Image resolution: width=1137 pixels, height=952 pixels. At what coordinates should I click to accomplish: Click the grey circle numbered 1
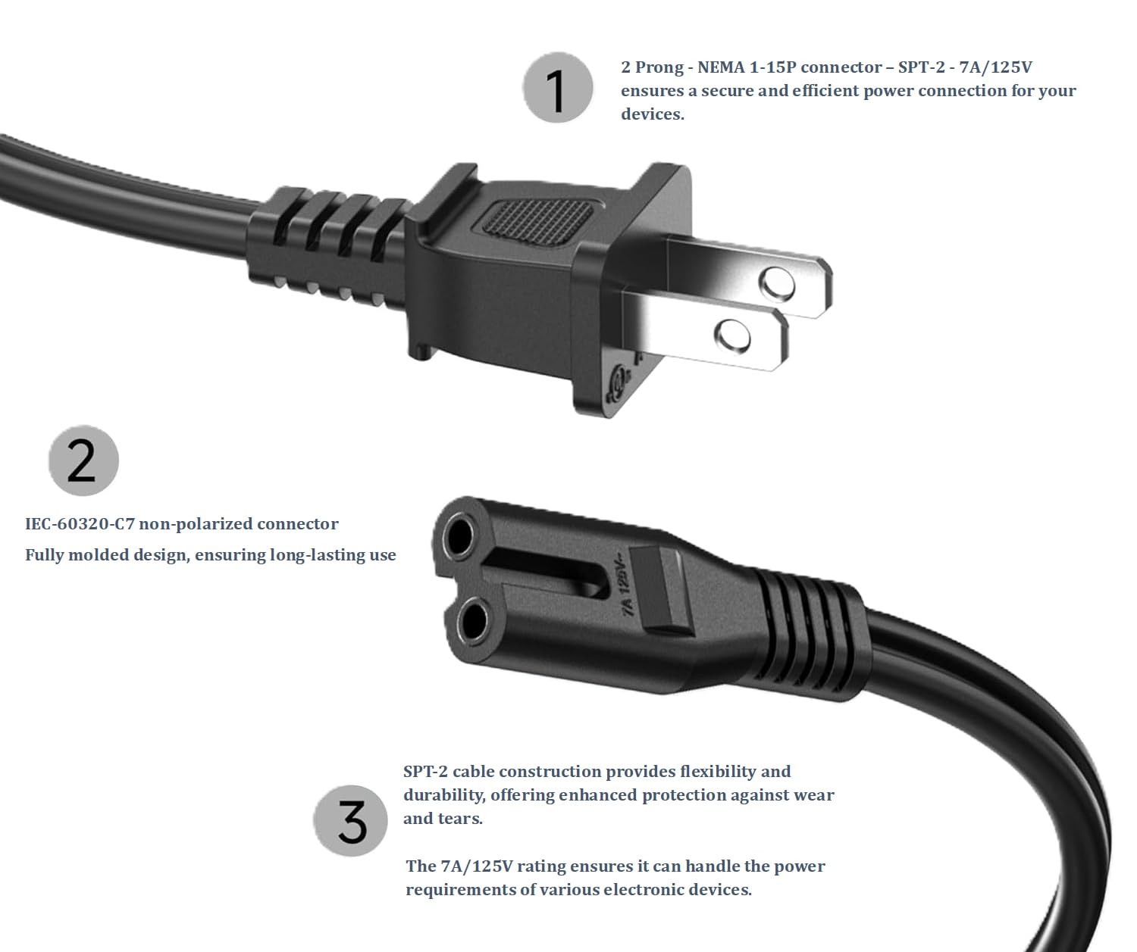click(557, 88)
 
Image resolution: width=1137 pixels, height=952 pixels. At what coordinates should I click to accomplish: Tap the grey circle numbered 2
click(83, 460)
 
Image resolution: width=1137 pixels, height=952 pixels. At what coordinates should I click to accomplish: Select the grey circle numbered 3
click(350, 821)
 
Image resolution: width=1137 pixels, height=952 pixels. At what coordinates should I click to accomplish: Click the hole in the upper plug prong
click(777, 284)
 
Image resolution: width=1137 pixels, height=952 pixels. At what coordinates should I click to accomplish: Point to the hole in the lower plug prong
click(732, 335)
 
